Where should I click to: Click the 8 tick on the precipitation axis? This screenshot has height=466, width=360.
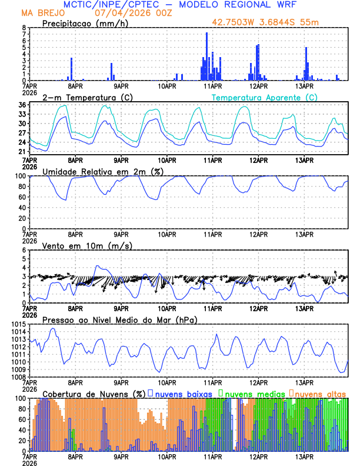click(24, 28)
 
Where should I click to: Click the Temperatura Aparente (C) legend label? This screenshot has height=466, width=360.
click(264, 97)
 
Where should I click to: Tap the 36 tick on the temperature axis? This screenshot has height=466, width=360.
click(22, 105)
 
